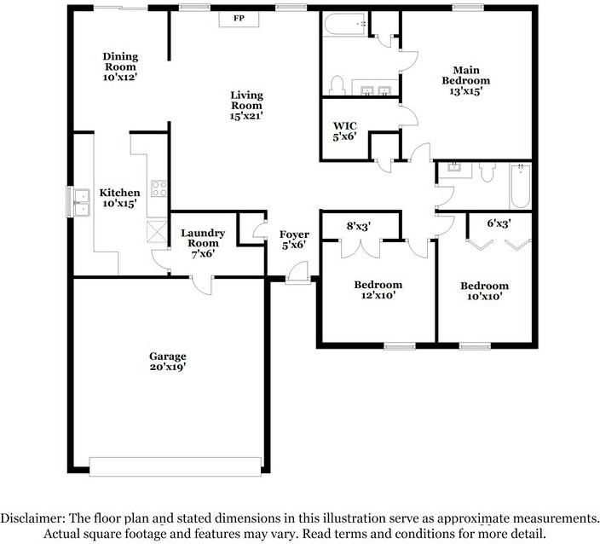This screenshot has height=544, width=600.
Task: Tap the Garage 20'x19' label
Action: pos(167,361)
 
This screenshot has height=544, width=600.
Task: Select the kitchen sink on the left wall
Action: pos(81,203)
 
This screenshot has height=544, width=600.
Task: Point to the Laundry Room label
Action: pos(203,243)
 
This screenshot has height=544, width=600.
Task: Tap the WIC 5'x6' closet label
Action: pos(344,130)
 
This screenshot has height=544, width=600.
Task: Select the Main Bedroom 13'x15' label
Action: pos(465,81)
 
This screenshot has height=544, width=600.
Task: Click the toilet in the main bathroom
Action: pos(336,85)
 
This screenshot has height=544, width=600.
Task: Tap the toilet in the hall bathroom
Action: pos(487,173)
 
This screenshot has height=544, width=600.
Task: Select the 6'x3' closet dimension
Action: pos(499,223)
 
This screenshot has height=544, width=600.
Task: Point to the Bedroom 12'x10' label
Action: pos(378,290)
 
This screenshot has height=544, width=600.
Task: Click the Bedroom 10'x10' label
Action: pos(484,291)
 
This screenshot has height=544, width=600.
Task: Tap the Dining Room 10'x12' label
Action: pos(120,67)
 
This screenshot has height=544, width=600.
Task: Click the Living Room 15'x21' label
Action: pos(245,105)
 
